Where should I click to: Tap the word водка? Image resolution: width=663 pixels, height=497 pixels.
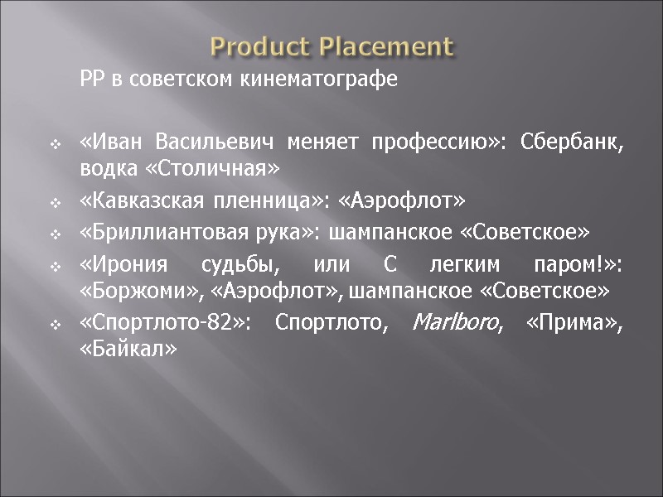[x=101, y=169]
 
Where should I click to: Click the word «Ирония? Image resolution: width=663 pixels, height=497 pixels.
[x=112, y=266]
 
